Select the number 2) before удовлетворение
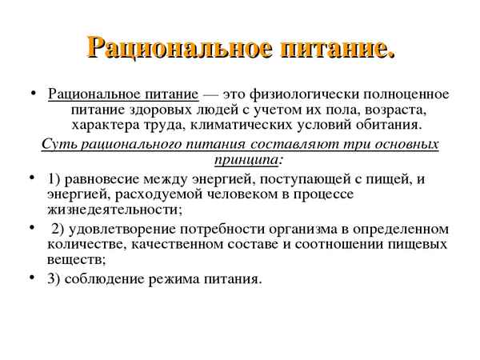(x=58, y=230)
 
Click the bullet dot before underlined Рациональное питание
(x=31, y=93)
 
